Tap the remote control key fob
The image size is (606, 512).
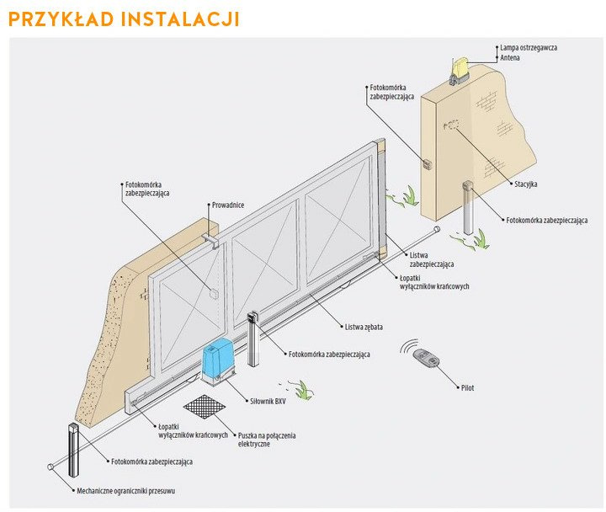point(426,358)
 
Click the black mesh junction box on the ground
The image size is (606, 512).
point(204,407)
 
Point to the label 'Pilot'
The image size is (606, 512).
point(467,388)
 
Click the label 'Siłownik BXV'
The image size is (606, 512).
point(268,402)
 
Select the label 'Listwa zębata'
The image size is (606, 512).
point(364,327)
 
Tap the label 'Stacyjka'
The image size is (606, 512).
point(525,184)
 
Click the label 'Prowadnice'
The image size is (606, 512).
point(228,205)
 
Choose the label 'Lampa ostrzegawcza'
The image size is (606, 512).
point(529,47)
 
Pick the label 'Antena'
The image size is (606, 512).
point(510,57)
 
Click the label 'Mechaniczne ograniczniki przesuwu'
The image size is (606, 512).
point(126,491)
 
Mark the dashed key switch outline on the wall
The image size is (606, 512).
point(450,125)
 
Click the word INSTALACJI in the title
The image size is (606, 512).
point(180,19)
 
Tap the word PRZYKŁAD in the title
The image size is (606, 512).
point(61,19)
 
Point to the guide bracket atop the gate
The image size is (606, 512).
point(210,241)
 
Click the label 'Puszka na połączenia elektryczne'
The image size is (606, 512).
point(267,440)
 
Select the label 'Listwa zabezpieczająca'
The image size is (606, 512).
point(432,260)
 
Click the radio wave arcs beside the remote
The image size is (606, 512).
point(409,346)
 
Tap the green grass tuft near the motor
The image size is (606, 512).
point(303,390)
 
